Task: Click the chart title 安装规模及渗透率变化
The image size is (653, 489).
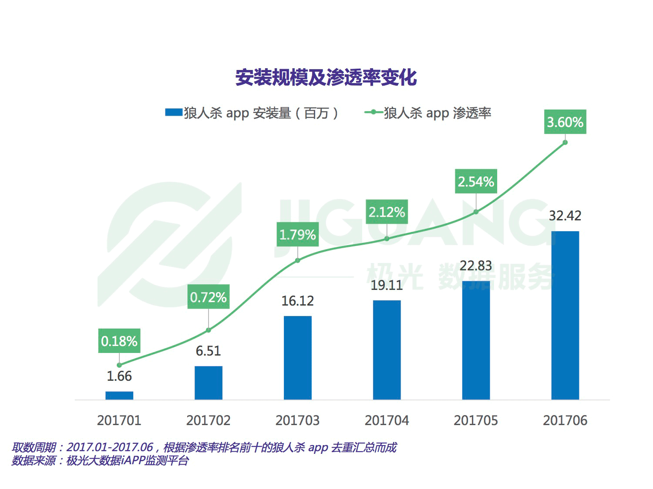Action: click(326, 78)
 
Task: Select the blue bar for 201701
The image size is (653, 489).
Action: click(119, 395)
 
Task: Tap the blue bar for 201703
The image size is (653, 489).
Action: click(298, 357)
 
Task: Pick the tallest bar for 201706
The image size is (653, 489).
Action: click(565, 315)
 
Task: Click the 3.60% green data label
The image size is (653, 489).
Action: click(565, 122)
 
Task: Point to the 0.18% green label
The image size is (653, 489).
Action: click(119, 341)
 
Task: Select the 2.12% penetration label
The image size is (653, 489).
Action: click(387, 212)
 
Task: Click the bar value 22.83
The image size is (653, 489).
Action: click(476, 266)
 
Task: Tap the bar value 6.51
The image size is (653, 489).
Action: click(208, 351)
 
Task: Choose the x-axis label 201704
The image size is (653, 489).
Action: click(387, 420)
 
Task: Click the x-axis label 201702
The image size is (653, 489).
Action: click(208, 420)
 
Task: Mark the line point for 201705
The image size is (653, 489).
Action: click(476, 212)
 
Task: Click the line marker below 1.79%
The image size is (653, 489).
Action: click(298, 260)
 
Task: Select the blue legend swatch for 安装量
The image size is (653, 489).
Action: click(173, 113)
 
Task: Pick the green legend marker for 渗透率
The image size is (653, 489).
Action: click(374, 113)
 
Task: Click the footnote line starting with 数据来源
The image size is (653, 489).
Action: click(100, 461)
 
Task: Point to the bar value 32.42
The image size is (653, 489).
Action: click(565, 216)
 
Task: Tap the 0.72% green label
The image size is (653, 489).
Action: click(208, 297)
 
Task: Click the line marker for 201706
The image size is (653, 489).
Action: click(565, 142)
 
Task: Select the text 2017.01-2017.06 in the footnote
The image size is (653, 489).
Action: click(110, 447)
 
